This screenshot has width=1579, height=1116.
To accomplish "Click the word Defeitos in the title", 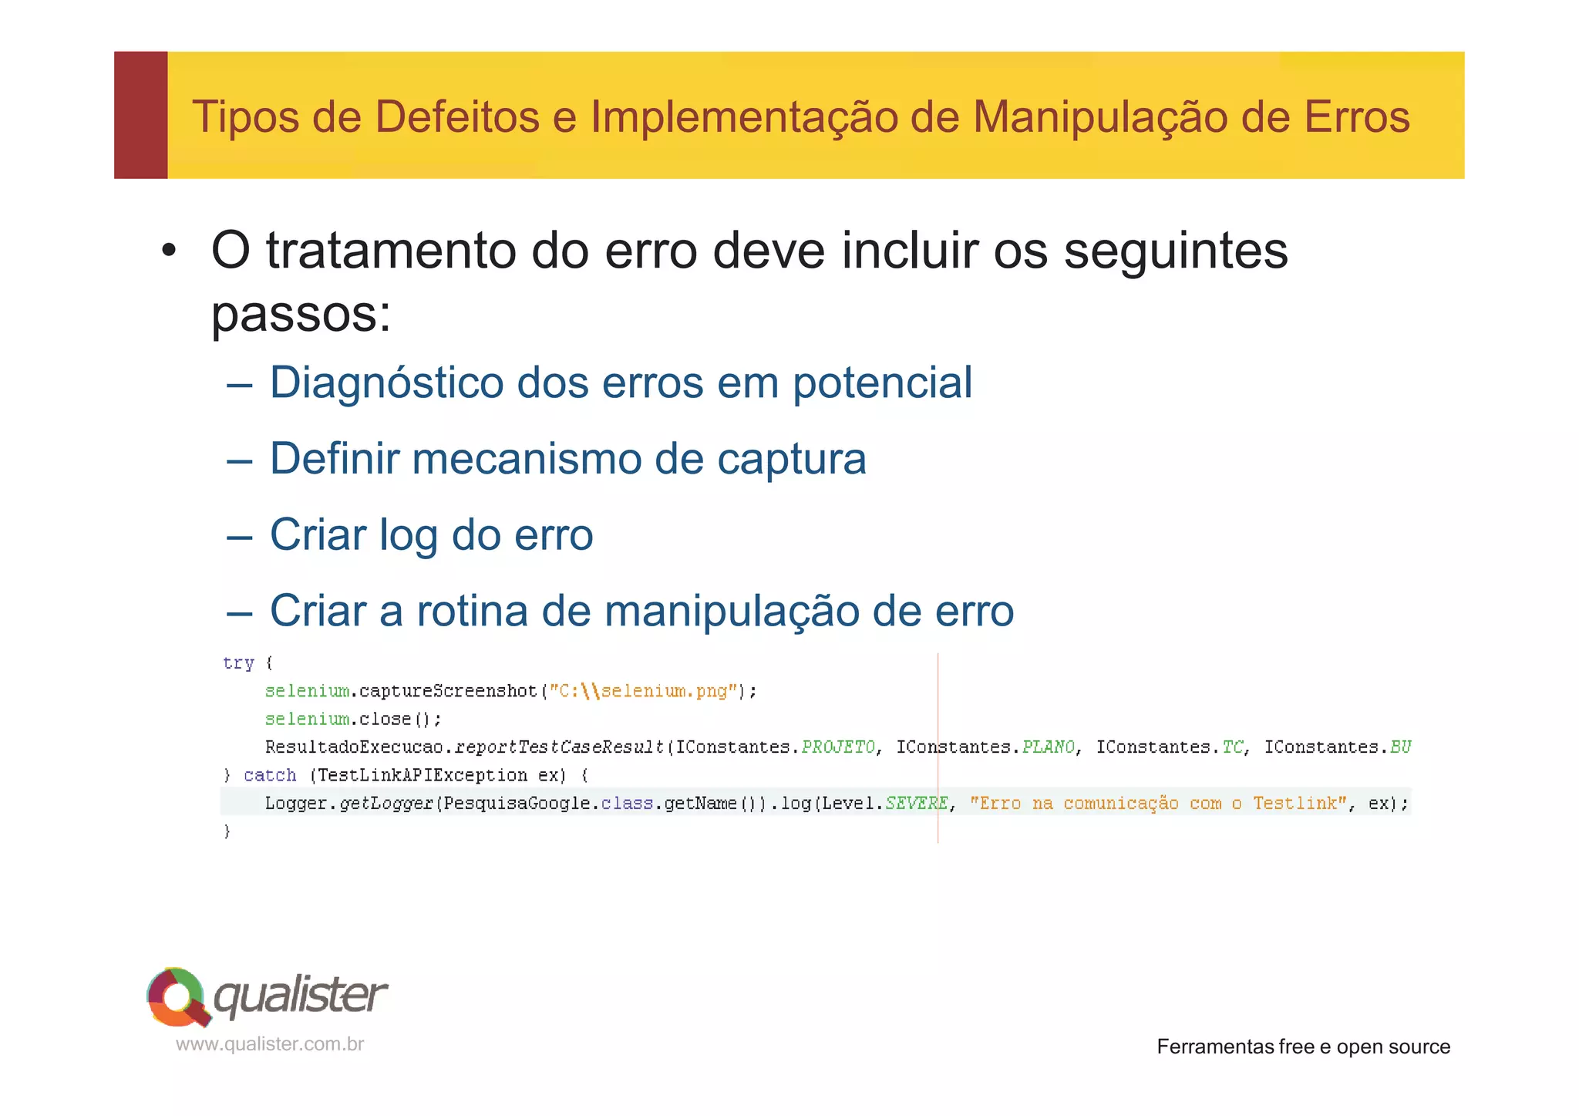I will pyautogui.click(x=456, y=117).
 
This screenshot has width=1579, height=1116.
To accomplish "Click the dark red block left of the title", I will pyautogui.click(x=141, y=115).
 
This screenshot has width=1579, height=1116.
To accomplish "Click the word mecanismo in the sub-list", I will pyautogui.click(x=526, y=459).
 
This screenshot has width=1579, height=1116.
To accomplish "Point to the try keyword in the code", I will pyautogui.click(x=238, y=663).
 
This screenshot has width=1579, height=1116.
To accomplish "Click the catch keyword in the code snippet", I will pyautogui.click(x=270, y=775).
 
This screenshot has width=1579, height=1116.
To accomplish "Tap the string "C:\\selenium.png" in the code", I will pyautogui.click(x=642, y=691).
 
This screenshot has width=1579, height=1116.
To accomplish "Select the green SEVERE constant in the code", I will pyautogui.click(x=916, y=804).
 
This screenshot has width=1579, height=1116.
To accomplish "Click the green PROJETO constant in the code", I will pyautogui.click(x=838, y=747).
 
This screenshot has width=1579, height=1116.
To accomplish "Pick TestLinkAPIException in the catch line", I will pyautogui.click(x=422, y=775).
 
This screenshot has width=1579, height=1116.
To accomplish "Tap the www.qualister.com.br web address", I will pyautogui.click(x=270, y=1044).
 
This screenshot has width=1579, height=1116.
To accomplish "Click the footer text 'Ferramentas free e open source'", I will pyautogui.click(x=1303, y=1047).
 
